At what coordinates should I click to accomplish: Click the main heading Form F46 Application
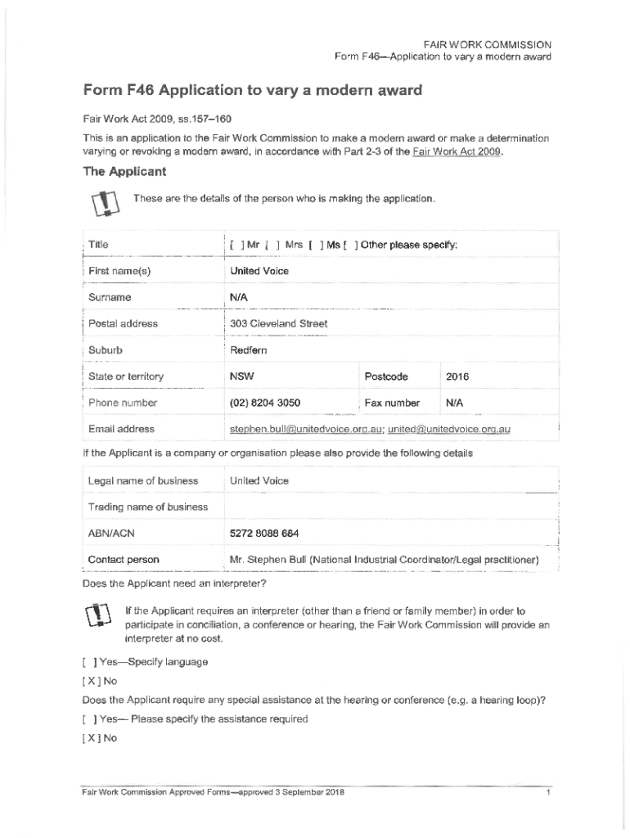pyautogui.click(x=252, y=91)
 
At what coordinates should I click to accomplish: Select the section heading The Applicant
pyautogui.click(x=125, y=172)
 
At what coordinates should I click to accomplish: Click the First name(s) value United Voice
pyautogui.click(x=259, y=271)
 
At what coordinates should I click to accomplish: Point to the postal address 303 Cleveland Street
pyautogui.click(x=278, y=323)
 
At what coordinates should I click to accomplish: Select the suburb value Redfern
pyautogui.click(x=249, y=350)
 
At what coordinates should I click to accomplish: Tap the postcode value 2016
pyautogui.click(x=457, y=376)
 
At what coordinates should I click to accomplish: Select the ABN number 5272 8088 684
pyautogui.click(x=264, y=533)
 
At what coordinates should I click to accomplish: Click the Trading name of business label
pyautogui.click(x=148, y=507)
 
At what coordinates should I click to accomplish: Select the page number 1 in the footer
pyautogui.click(x=546, y=793)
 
